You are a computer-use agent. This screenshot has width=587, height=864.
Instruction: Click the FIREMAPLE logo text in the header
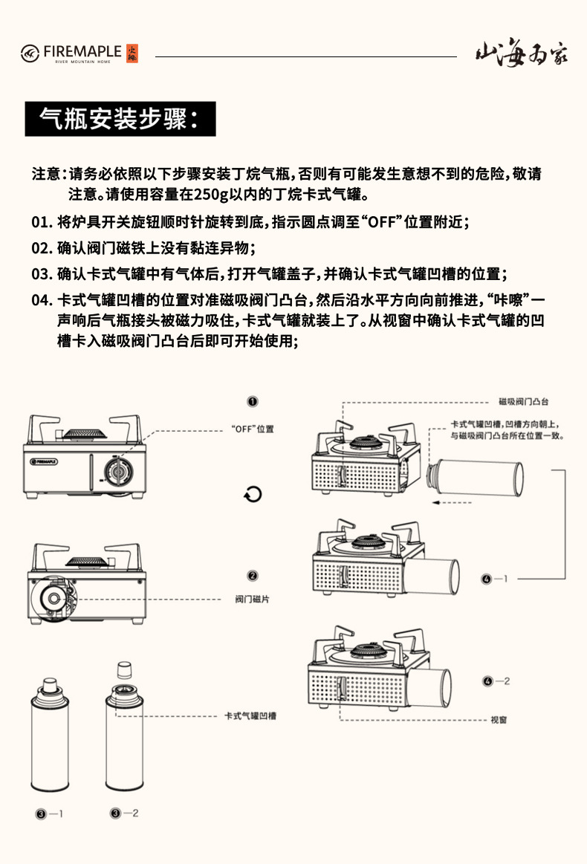[x=82, y=51]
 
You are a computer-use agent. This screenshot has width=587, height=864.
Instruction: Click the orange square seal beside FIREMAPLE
[x=133, y=52]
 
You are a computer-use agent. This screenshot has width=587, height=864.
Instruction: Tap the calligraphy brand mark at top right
[x=521, y=54]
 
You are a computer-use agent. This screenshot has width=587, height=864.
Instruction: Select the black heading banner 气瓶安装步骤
[x=120, y=119]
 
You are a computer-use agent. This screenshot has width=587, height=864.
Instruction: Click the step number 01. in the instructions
[x=42, y=222]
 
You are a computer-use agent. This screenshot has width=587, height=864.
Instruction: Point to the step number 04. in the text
[x=42, y=300]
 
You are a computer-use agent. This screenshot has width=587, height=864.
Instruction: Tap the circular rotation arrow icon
[x=253, y=495]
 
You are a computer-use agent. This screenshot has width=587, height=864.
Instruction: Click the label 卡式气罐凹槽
[x=250, y=716]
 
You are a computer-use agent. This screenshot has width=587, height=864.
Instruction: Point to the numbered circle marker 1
[x=253, y=401]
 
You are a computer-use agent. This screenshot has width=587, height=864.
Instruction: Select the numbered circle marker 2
[x=253, y=576]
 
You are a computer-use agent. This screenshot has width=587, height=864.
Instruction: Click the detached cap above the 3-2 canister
[x=124, y=669]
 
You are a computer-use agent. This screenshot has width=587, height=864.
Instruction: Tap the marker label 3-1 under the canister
[x=50, y=813]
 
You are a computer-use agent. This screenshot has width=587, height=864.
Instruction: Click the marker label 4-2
[x=496, y=681]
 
